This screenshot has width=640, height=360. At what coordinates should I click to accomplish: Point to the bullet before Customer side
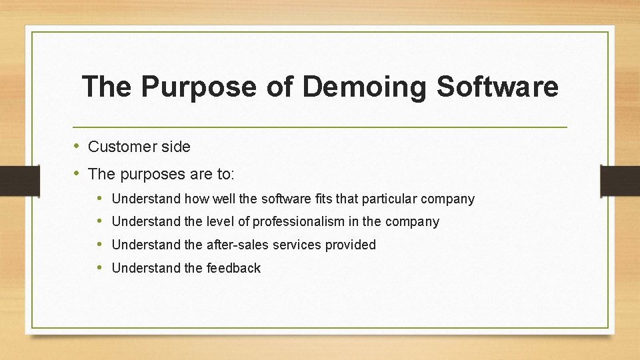(77, 146)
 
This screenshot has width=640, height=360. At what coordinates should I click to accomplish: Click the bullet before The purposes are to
(77, 173)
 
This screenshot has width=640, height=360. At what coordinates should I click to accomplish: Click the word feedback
(233, 268)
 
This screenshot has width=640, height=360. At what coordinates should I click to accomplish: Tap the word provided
(351, 245)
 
